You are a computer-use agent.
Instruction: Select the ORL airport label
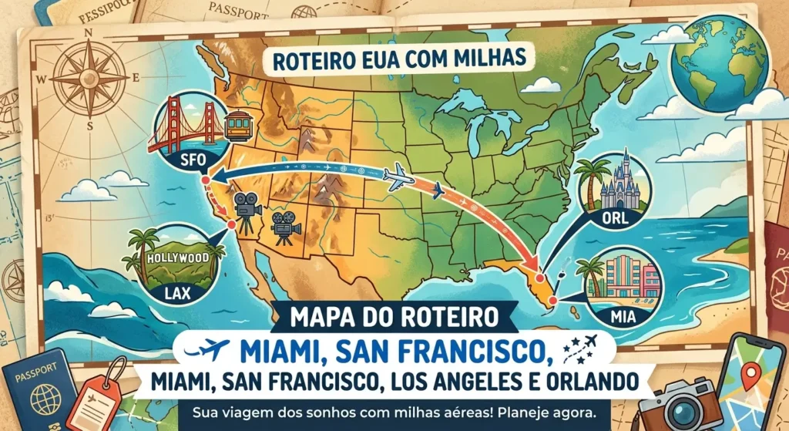pyautogui.click(x=614, y=218)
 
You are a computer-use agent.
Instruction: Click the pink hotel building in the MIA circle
pyautogui.click(x=628, y=278)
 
